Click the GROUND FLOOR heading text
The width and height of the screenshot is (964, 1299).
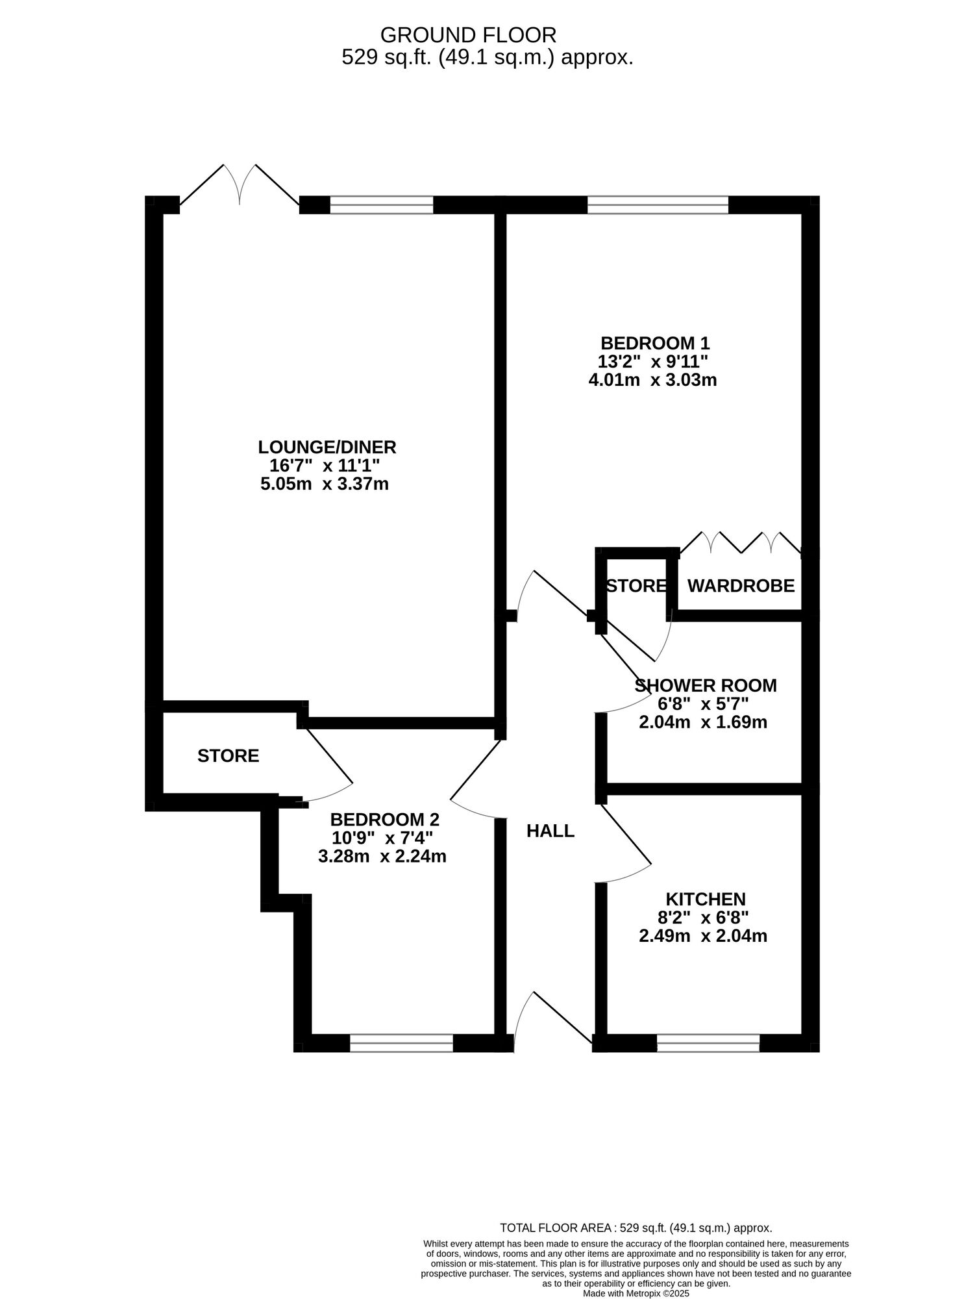click(x=467, y=34)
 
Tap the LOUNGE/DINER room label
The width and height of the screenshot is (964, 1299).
click(x=327, y=447)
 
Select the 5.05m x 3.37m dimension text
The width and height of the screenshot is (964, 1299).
click(x=324, y=484)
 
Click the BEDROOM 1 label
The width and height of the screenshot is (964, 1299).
click(x=654, y=342)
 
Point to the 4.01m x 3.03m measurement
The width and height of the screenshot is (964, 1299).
click(x=652, y=380)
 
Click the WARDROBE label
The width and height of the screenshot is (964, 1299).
click(x=740, y=586)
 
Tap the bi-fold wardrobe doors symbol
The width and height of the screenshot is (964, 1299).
click(x=740, y=542)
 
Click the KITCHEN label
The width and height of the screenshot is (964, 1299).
click(x=705, y=899)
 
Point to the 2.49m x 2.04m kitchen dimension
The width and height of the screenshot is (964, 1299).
click(x=703, y=936)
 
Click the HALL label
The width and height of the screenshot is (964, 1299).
click(x=550, y=831)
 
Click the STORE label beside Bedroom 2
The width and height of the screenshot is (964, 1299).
click(x=228, y=755)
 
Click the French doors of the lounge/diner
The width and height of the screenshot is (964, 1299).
click(x=240, y=185)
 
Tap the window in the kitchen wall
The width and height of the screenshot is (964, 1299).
click(x=708, y=1042)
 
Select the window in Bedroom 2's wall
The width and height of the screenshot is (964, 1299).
click(x=401, y=1042)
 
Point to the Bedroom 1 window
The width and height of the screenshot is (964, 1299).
click(x=657, y=205)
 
